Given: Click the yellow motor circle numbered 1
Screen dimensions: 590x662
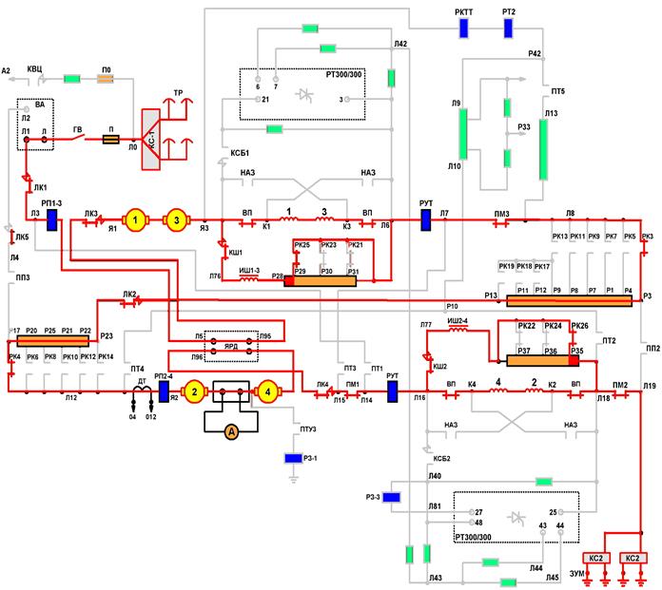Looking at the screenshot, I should point(136,220).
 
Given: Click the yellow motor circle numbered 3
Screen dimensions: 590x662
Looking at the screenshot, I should point(176,220).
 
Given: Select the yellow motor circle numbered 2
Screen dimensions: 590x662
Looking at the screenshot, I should point(194,390).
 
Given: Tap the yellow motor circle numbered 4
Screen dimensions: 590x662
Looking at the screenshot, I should point(269,390).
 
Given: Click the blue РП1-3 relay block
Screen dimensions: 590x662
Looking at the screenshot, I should point(52,220).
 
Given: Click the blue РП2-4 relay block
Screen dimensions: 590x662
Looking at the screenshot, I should point(164,390).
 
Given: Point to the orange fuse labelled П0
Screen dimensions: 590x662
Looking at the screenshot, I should point(107,78).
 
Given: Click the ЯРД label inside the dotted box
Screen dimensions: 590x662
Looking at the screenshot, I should point(225,347).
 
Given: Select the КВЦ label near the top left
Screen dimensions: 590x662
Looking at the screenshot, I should point(35,69).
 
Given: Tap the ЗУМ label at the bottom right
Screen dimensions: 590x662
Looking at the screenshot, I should point(577,574).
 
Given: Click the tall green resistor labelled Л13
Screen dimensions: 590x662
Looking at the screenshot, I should point(544,147).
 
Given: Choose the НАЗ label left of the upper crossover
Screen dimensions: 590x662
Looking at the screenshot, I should point(249,172).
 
